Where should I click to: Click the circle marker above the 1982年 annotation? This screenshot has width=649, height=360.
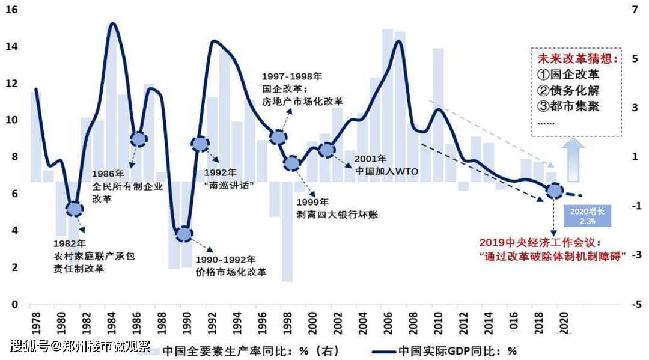[75, 209]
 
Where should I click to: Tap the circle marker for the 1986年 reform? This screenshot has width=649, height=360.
[138, 139]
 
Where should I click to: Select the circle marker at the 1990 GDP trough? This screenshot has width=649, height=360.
[184, 234]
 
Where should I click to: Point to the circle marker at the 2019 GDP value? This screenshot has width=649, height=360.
[555, 191]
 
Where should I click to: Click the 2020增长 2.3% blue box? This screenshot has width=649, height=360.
[587, 216]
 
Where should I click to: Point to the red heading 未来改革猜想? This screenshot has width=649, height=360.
[575, 59]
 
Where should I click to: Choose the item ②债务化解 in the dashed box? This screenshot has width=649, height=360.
[568, 91]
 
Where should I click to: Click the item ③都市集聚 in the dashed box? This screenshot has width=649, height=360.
[568, 106]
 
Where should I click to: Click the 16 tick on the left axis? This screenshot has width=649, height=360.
[12, 10]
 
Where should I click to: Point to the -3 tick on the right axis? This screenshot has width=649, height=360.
[635, 255]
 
